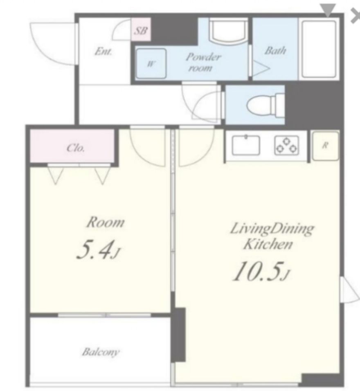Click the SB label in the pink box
[x=141, y=31]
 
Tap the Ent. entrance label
[x=103, y=52]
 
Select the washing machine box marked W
[x=151, y=63]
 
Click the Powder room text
[x=203, y=62]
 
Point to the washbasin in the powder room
[x=228, y=30]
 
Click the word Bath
[x=275, y=51]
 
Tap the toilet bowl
[x=265, y=104]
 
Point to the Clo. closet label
[x=76, y=148]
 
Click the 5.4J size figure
[x=99, y=249]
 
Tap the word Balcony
[x=101, y=352]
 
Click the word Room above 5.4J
[x=105, y=222]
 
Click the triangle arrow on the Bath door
[x=261, y=68]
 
